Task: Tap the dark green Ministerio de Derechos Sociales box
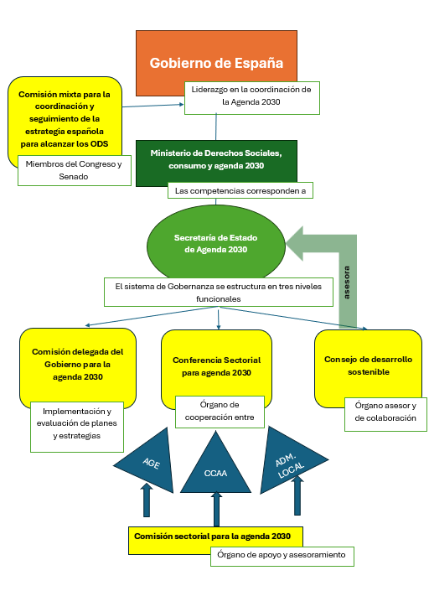pyautogui.click(x=216, y=160)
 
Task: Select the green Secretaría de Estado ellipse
pyautogui.click(x=216, y=244)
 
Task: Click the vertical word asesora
pyautogui.click(x=347, y=283)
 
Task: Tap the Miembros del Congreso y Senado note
pyautogui.click(x=75, y=170)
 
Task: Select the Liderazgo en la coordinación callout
pyautogui.click(x=251, y=98)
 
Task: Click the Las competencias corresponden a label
pyautogui.click(x=240, y=191)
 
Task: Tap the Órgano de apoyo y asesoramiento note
pyautogui.click(x=282, y=557)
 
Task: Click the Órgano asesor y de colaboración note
pyautogui.click(x=385, y=414)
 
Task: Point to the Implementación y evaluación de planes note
pyautogui.click(x=77, y=427)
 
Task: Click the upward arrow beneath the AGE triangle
pyautogui.click(x=147, y=500)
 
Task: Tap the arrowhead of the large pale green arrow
pyautogui.click(x=295, y=243)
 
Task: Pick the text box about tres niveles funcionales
pyautogui.click(x=219, y=292)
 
